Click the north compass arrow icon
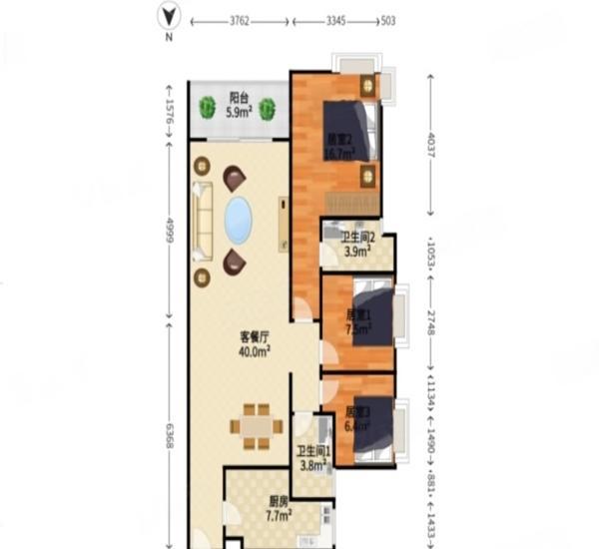(x=170, y=17)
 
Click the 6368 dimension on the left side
(x=170, y=430)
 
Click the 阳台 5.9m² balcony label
(x=239, y=106)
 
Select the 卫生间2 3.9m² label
(x=356, y=245)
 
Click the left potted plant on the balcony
(x=208, y=106)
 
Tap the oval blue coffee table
(x=238, y=220)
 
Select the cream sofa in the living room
(x=203, y=220)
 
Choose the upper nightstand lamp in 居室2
(x=368, y=87)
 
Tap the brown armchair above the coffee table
(x=236, y=178)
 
